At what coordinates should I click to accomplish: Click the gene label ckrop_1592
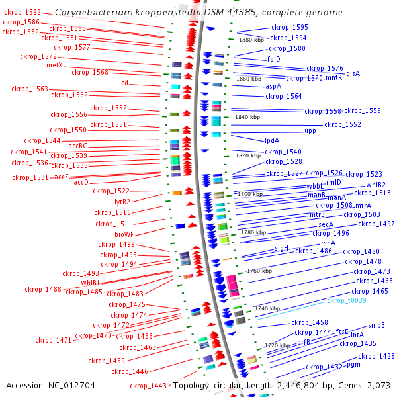[x=22, y=13]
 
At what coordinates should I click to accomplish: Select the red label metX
[x=54, y=65]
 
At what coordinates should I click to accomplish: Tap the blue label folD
[x=274, y=59]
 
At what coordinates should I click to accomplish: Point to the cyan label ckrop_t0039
[x=347, y=300]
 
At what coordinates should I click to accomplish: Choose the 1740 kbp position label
[x=267, y=309]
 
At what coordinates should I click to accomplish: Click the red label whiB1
[x=90, y=283]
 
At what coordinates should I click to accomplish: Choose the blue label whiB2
[x=376, y=185]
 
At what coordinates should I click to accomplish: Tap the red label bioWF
[x=124, y=234]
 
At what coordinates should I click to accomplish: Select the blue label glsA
[x=353, y=73]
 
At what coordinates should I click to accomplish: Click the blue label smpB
[x=376, y=325]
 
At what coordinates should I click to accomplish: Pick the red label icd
[x=124, y=83]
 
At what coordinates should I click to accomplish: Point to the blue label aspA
[x=274, y=86]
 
